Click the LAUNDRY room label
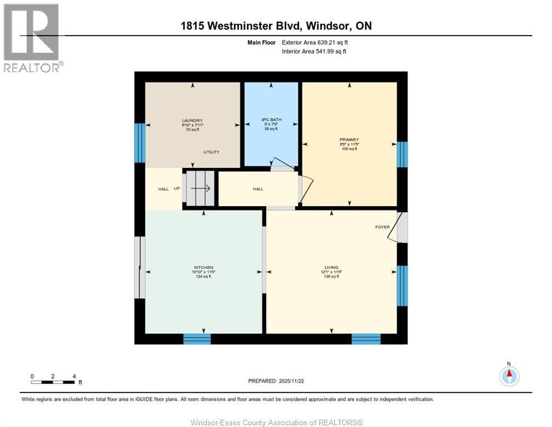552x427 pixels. [192, 121]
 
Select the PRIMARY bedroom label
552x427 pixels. [349, 140]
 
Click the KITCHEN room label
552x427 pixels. [203, 267]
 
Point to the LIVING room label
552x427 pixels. [332, 267]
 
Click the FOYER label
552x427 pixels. [382, 227]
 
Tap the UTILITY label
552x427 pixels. [211, 152]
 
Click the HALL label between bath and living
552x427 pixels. [258, 189]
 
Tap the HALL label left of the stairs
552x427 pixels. [163, 189]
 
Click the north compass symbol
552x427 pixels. [509, 375]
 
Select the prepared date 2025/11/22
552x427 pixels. [275, 381]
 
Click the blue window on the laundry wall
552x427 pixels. [139, 142]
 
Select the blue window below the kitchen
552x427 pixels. [197, 339]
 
